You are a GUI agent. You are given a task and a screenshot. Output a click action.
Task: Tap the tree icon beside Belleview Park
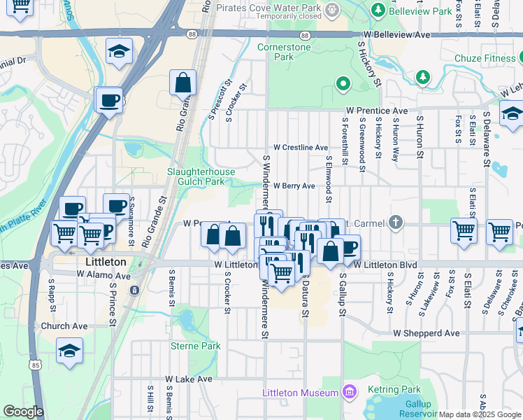click(x=378, y=10)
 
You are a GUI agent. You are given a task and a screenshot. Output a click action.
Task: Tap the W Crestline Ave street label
click(x=301, y=148)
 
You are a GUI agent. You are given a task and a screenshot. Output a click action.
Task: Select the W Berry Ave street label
click(x=294, y=186)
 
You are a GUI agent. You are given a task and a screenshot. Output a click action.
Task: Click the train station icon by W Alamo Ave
click(x=134, y=289)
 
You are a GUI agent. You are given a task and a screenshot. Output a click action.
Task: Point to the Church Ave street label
click(x=64, y=326)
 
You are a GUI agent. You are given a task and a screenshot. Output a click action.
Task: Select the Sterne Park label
click(x=196, y=346)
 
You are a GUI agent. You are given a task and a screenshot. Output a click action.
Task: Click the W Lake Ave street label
click(x=189, y=379)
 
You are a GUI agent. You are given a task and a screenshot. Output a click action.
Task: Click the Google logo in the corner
click(x=22, y=412)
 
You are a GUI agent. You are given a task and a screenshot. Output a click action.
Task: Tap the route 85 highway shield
click(x=36, y=364)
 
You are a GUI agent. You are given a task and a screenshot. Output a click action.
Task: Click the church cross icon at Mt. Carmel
click(x=396, y=223)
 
